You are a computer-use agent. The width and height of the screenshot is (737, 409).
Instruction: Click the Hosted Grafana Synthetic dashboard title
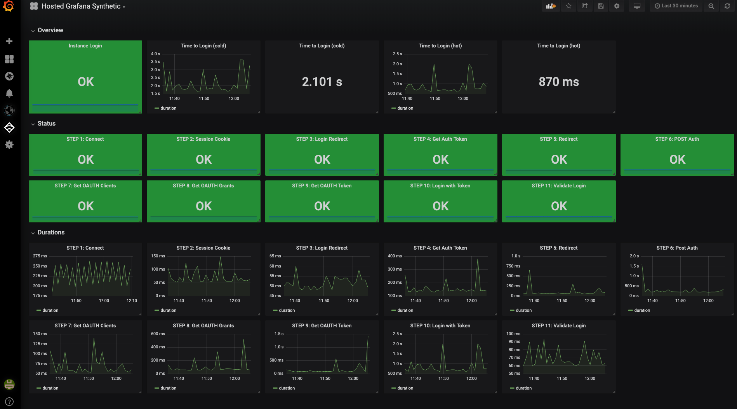pyautogui.click(x=81, y=6)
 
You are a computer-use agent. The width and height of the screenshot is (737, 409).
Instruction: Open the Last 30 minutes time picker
pyautogui.click(x=676, y=6)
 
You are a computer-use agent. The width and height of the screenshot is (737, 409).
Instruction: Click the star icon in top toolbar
pyautogui.click(x=568, y=6)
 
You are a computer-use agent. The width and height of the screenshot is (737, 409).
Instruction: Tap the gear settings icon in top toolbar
pyautogui.click(x=617, y=6)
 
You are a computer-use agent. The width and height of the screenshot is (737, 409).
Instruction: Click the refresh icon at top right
pyautogui.click(x=727, y=6)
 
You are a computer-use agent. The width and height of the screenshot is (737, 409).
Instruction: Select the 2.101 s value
pyautogui.click(x=322, y=82)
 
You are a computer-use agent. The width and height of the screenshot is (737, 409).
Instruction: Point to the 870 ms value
pyautogui.click(x=558, y=82)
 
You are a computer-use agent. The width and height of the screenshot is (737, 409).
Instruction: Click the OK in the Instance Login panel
pyautogui.click(x=85, y=82)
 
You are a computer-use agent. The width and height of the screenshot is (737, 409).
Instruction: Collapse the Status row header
pyautogui.click(x=46, y=124)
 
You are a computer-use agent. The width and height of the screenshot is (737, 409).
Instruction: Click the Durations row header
pyautogui.click(x=51, y=232)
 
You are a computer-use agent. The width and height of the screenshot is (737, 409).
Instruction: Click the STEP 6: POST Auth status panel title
pyautogui.click(x=677, y=139)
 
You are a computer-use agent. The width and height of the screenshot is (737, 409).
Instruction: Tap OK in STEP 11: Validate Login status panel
pyautogui.click(x=558, y=206)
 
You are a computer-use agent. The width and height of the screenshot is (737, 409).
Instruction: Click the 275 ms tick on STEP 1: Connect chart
pyautogui.click(x=40, y=256)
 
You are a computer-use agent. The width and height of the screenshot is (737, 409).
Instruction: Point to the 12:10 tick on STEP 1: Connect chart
pyautogui.click(x=132, y=301)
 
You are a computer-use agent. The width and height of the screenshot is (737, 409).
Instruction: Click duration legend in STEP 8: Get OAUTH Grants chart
pyautogui.click(x=168, y=388)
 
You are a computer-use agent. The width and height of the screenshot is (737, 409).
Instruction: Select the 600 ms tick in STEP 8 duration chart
pyautogui.click(x=158, y=334)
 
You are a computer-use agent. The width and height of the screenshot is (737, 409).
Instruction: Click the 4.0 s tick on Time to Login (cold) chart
pyautogui.click(x=155, y=54)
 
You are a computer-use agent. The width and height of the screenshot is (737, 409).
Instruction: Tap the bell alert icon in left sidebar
pyautogui.click(x=9, y=93)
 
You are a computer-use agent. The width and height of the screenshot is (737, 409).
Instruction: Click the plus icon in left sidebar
pyautogui.click(x=9, y=41)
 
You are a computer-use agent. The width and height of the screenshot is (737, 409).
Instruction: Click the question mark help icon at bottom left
pyautogui.click(x=9, y=402)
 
